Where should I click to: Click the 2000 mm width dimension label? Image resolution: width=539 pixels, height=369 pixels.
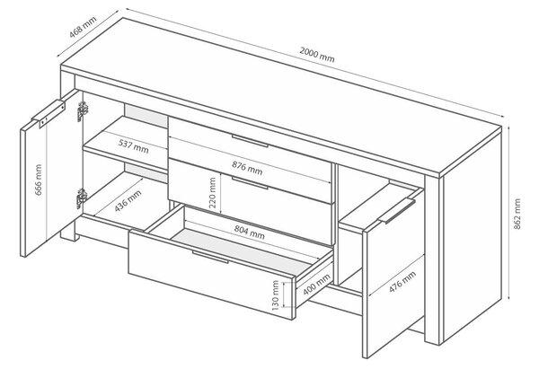(x=316, y=55)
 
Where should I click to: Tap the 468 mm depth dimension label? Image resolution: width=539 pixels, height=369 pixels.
(x=83, y=27)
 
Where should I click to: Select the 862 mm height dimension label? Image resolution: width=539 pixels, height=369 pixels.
(x=517, y=214)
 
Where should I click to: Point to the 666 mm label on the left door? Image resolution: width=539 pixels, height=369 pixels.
(x=38, y=180)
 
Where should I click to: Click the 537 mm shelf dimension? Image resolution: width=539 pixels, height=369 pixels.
(x=133, y=146)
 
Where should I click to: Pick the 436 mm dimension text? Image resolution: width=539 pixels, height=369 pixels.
(x=128, y=200)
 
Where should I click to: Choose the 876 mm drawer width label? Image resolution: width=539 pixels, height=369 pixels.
(x=247, y=168)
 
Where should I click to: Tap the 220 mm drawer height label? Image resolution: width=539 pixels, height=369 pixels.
(x=213, y=193)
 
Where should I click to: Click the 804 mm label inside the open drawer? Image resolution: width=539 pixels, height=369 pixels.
(x=250, y=232)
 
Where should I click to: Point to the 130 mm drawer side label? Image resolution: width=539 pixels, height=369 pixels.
(x=276, y=295)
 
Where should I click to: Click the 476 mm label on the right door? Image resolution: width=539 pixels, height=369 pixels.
(x=402, y=282)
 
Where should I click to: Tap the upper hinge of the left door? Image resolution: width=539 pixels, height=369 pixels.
(x=82, y=110)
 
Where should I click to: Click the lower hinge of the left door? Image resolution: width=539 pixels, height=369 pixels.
(x=81, y=198)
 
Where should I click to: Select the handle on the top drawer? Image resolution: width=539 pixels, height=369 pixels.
(x=250, y=141)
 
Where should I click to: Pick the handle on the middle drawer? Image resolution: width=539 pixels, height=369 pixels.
(x=250, y=183)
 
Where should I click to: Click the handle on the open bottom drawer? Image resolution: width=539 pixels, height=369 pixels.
(x=210, y=257)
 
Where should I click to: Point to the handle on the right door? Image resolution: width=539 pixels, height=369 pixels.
(x=397, y=211)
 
